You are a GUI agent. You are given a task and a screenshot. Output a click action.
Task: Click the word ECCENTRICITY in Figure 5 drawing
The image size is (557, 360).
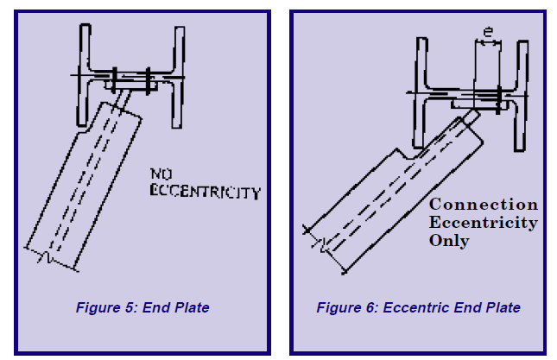[x=205, y=191]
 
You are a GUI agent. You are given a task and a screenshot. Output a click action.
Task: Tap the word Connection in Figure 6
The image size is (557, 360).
[x=483, y=205]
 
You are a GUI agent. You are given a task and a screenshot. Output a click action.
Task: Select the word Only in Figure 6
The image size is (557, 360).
[x=450, y=241]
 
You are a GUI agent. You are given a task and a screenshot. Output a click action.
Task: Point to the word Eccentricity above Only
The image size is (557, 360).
[x=483, y=223]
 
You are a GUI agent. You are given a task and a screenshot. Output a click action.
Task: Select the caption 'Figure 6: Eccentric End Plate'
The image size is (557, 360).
[x=418, y=308]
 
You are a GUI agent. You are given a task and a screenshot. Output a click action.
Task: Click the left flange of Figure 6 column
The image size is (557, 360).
[x=421, y=91]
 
